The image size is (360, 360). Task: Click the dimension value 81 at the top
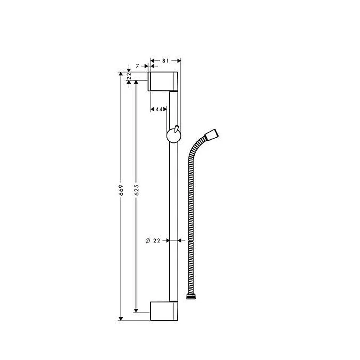165,60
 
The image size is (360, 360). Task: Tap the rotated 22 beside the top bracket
129,77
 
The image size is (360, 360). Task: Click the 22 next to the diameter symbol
157,241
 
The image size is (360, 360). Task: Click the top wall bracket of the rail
164,81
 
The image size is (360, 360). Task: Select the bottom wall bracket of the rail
164,310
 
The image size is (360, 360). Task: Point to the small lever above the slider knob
177,129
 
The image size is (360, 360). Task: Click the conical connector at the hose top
211,135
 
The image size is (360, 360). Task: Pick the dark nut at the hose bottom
192,297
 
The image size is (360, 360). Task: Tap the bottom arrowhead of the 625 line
136,310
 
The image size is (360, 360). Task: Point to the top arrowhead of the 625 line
136,83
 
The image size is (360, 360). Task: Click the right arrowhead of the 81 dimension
178,60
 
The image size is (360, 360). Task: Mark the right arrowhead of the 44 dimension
166,109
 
